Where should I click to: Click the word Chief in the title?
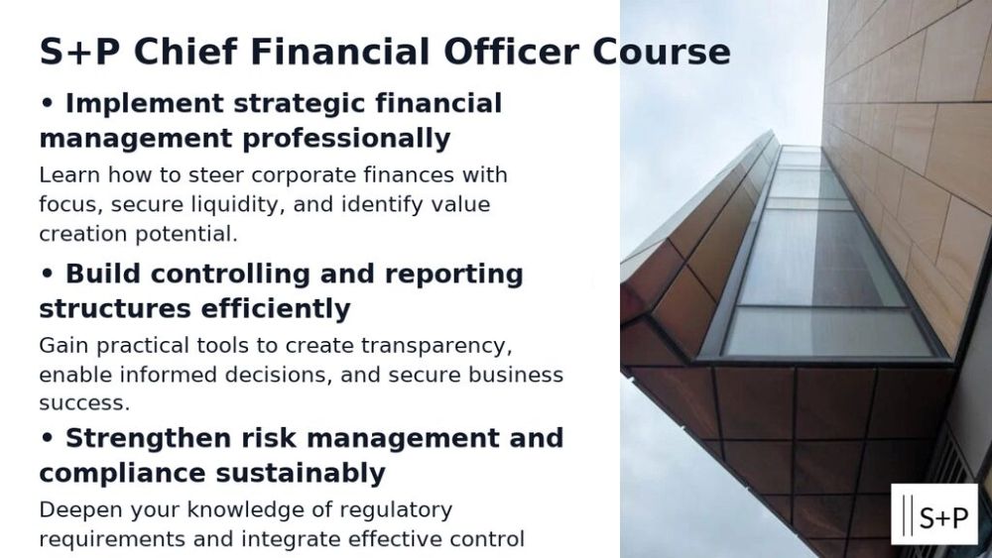(x=186, y=52)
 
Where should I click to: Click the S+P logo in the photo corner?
(x=933, y=514)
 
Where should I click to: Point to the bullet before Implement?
(x=47, y=103)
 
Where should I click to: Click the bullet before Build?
(x=47, y=274)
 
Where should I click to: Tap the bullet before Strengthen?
(x=47, y=438)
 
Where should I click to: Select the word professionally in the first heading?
(x=346, y=139)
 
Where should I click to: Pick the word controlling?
(x=230, y=275)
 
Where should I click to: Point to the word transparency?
(x=436, y=346)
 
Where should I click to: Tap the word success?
(x=84, y=403)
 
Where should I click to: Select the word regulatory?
(x=396, y=510)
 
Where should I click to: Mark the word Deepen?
(x=79, y=510)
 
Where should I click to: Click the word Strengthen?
(x=148, y=438)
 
